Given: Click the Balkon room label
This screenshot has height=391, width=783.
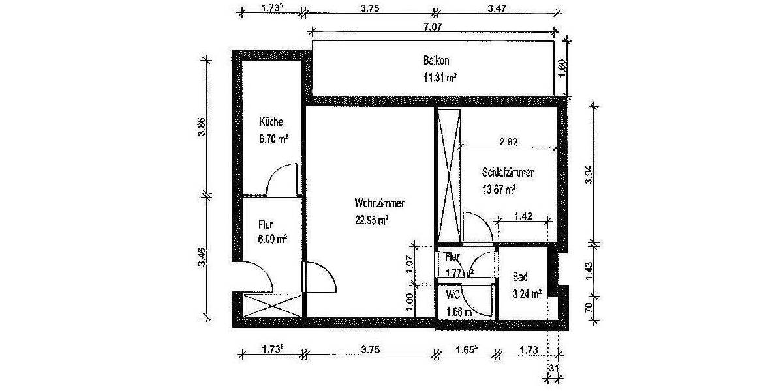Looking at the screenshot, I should (x=436, y=61).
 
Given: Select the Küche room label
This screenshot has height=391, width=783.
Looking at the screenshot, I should (x=271, y=123).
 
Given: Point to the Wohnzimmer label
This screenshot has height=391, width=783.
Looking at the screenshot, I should (x=380, y=203).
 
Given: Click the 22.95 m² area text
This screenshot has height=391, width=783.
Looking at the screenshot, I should (x=372, y=220).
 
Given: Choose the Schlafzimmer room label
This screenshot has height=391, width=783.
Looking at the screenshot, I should (x=508, y=173).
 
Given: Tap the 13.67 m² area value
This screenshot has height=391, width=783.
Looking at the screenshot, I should (x=499, y=190).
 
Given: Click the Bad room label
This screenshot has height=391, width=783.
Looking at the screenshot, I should (x=519, y=277).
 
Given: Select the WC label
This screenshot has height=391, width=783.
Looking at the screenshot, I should (x=453, y=295).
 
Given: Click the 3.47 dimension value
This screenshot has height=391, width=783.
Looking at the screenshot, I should (x=497, y=8).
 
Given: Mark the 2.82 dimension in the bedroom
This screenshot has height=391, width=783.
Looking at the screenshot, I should (x=509, y=141).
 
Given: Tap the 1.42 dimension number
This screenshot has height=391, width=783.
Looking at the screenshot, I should (x=523, y=216).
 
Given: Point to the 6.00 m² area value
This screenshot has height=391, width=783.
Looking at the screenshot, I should (x=273, y=239).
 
